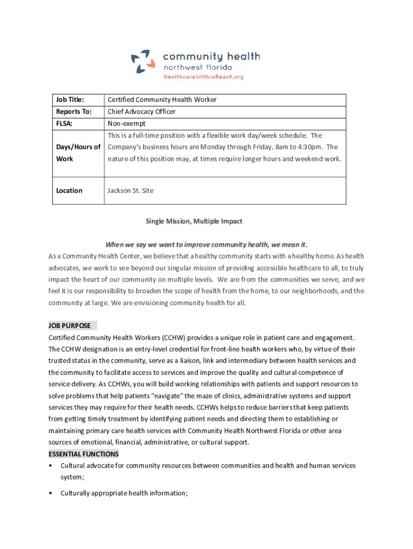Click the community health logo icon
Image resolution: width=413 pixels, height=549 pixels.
tap(143, 61)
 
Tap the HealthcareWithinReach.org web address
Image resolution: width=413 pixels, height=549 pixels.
tap(203, 77)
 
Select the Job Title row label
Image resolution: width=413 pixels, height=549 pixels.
tap(70, 100)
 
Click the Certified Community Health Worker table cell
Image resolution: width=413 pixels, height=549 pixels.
tap(162, 100)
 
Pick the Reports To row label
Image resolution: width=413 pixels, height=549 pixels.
tap(73, 112)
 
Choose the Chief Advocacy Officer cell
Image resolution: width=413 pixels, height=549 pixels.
tap(142, 112)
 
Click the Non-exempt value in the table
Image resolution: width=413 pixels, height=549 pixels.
tap(127, 123)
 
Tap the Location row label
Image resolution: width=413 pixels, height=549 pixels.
tap(69, 190)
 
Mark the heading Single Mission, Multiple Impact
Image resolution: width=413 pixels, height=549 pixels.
tap(195, 221)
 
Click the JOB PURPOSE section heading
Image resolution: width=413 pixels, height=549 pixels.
tap(70, 325)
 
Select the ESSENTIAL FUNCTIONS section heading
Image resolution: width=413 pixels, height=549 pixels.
tap(83, 454)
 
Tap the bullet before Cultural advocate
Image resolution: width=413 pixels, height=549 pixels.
tap(50, 466)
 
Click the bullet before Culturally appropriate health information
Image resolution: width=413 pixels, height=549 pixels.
tap(50, 493)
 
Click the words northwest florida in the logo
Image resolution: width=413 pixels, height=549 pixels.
tap(197, 68)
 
